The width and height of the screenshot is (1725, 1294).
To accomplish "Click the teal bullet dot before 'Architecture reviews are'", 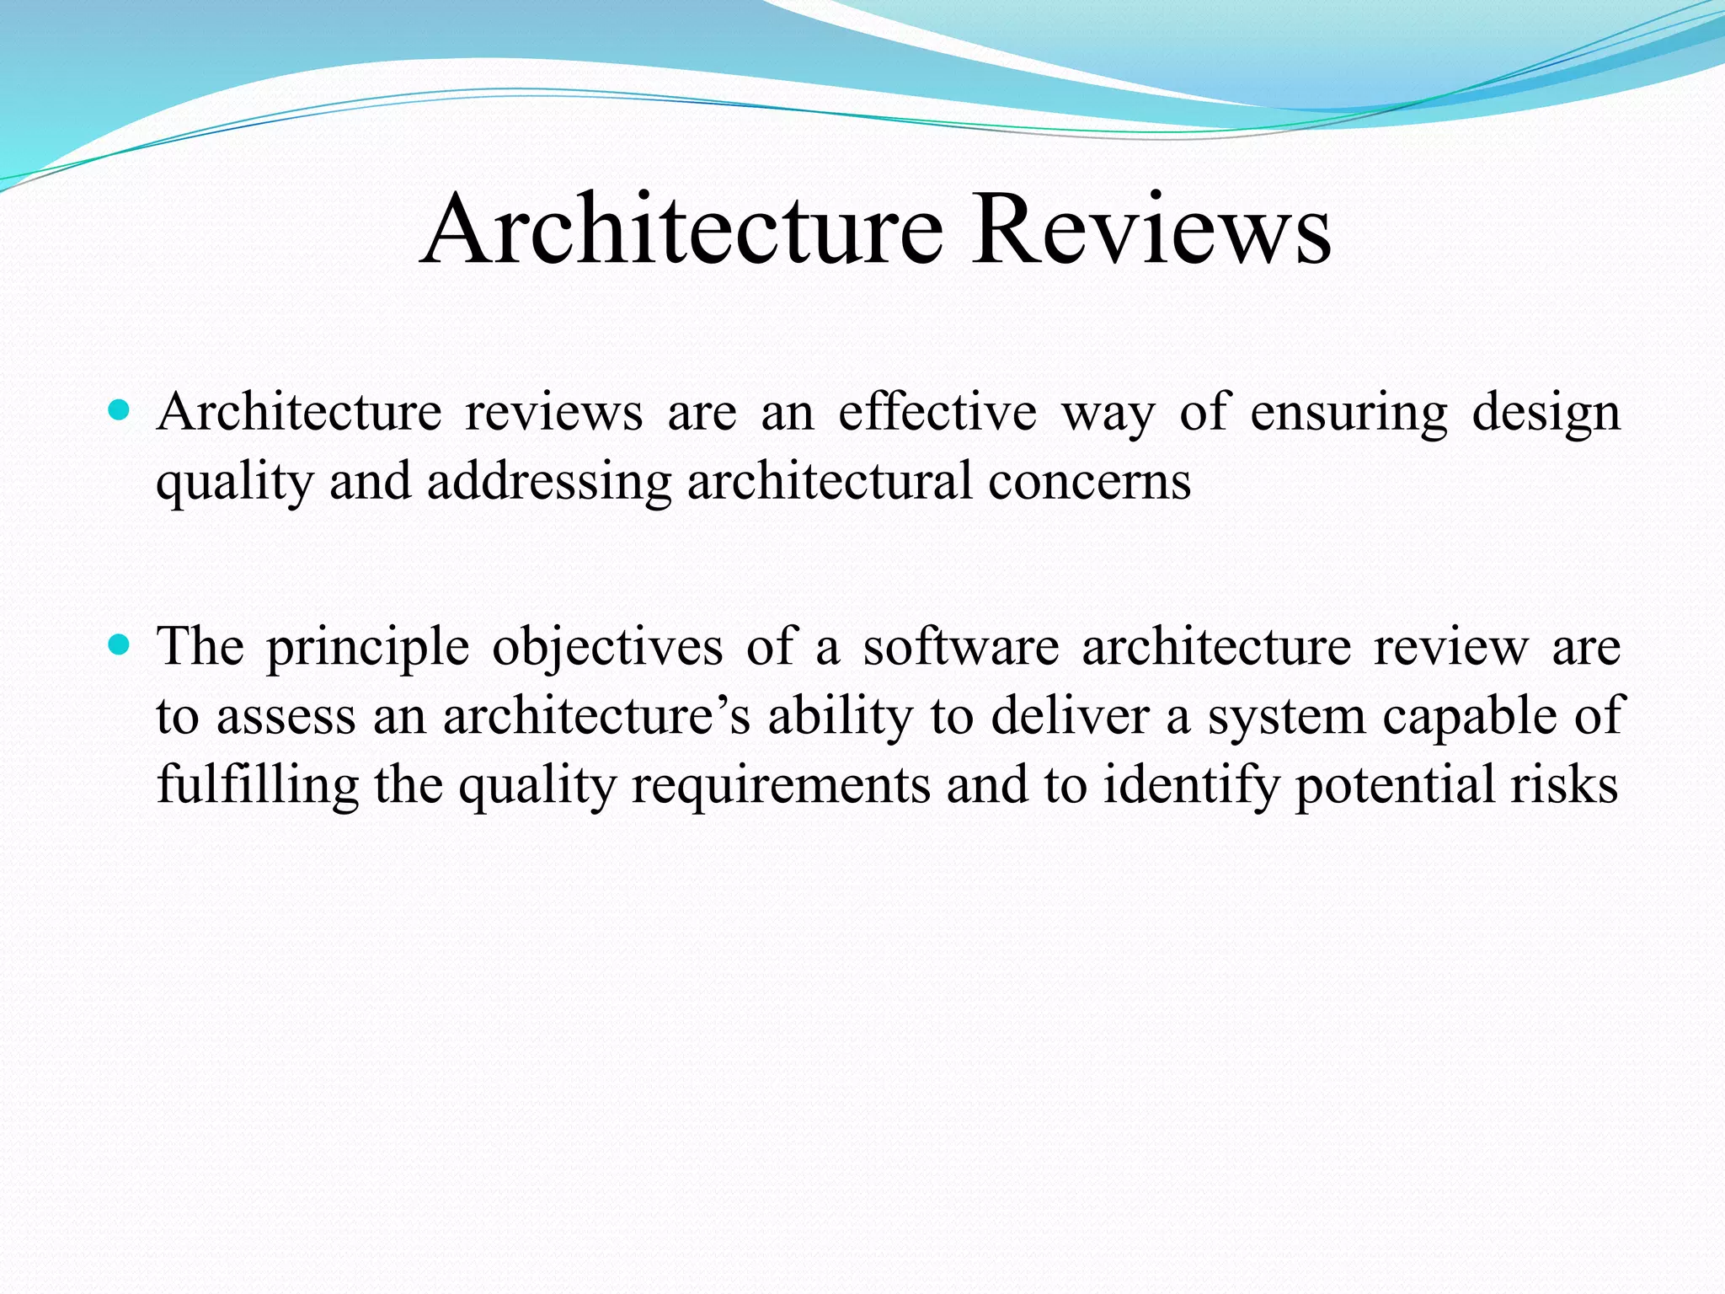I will (x=120, y=411).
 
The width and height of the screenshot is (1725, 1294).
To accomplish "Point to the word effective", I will (x=937, y=413).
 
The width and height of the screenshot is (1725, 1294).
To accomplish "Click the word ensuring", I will (x=1348, y=414).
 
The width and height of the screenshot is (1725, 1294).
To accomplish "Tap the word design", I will (x=1546, y=414).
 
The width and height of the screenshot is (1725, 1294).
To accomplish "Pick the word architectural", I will (x=829, y=482).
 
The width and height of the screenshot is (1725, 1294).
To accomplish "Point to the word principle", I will (x=367, y=649).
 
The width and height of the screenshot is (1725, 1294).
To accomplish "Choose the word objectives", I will (x=607, y=649).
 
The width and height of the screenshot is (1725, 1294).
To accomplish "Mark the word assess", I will (x=286, y=718).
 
